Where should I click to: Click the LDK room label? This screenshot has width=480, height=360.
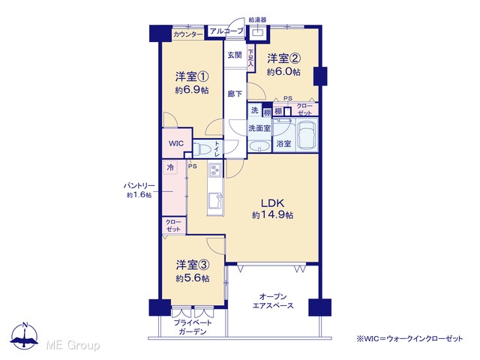(272, 203)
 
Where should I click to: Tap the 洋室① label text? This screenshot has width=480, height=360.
(192, 76)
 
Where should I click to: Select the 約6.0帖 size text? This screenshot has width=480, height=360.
(283, 72)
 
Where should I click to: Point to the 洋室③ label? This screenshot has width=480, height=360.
(193, 265)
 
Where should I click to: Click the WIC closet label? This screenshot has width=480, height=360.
(176, 143)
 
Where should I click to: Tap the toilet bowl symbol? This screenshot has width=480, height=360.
(202, 150)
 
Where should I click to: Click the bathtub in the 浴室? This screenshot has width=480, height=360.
(307, 135)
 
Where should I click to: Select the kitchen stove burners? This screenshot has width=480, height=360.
(215, 170)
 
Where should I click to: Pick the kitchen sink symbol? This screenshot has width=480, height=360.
(215, 200)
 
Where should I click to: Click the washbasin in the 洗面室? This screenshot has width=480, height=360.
(259, 146)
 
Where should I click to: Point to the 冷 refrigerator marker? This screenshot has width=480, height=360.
(170, 167)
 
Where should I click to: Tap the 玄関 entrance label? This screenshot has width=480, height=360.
(235, 55)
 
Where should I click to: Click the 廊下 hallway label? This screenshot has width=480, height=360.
(235, 93)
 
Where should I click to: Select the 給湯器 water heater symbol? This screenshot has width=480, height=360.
(258, 32)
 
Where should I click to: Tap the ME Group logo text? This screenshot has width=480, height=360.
(73, 345)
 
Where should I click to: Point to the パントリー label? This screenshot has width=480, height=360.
(139, 186)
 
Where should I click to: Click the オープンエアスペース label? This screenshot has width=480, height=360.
(273, 301)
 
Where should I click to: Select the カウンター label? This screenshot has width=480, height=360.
(188, 35)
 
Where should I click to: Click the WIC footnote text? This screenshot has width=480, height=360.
(409, 338)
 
